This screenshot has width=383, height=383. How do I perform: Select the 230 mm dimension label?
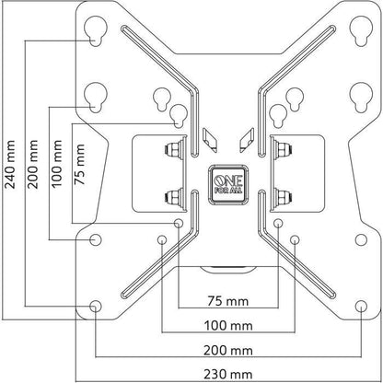[x=227, y=375]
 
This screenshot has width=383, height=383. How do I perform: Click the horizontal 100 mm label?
[x=227, y=325]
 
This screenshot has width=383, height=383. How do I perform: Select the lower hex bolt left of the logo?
[x=172, y=195]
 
